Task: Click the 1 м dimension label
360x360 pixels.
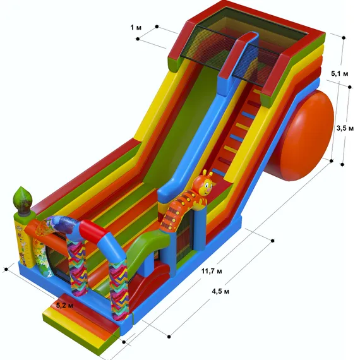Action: pyautogui.click(x=136, y=28)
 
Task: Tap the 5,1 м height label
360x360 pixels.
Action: pyautogui.click(x=340, y=73)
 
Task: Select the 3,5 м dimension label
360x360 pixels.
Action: pyautogui.click(x=345, y=128)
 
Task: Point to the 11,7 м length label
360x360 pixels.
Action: pyautogui.click(x=212, y=271)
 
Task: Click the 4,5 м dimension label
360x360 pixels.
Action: pyautogui.click(x=220, y=291)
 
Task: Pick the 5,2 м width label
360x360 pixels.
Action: pyautogui.click(x=65, y=305)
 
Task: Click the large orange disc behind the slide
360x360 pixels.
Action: pyautogui.click(x=303, y=135)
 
